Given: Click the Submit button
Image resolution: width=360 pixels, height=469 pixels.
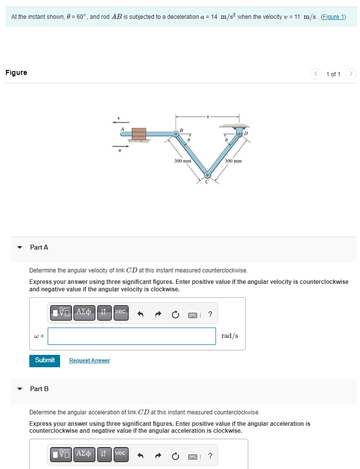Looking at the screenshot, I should point(45,360).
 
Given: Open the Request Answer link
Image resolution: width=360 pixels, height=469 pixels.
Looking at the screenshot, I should point(89,360).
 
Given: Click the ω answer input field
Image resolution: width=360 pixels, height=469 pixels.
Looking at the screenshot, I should point(132,336).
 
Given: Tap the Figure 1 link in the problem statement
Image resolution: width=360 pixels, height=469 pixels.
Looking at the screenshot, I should point(333,17).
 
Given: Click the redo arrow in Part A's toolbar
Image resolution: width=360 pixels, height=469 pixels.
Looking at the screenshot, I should point(158,314).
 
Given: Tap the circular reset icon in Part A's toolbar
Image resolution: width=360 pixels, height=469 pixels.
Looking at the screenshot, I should point(175,314).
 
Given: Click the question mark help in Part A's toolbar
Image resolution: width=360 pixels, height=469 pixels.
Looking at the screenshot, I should point(211,314).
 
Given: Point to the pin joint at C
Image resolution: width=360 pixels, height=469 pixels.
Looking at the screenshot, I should point(208,175).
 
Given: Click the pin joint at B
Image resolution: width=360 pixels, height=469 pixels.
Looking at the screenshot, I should point(176,134).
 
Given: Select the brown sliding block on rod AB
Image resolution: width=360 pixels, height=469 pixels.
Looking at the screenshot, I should point(139,134).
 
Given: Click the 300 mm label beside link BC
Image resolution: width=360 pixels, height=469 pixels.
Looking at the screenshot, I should point(183,161).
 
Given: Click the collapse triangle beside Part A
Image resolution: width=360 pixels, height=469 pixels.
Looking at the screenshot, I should point(20,247).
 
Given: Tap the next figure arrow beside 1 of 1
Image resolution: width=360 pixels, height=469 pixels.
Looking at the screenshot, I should point(351,74).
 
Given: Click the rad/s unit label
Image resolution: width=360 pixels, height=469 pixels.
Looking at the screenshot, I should point(229,336).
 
